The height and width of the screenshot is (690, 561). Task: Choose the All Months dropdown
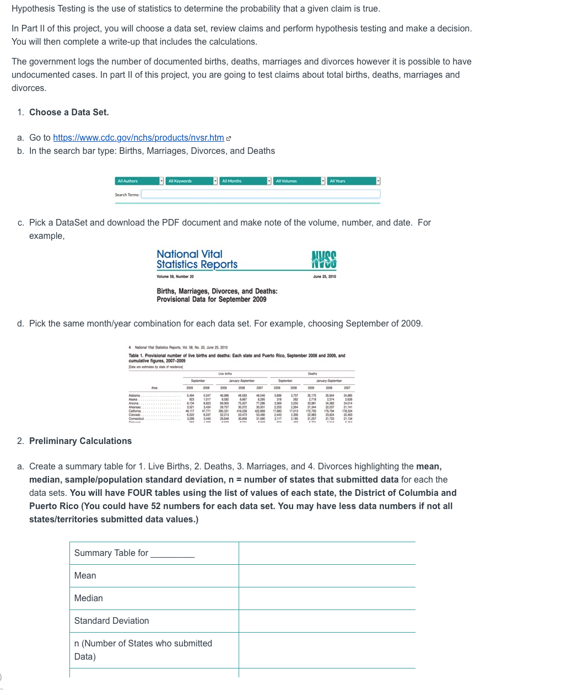point(245,181)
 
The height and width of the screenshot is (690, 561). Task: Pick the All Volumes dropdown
point(299,181)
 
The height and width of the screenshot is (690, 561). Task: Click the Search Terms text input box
point(261,194)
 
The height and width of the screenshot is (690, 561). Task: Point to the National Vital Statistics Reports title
point(197,259)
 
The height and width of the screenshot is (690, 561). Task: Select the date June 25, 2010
point(325,276)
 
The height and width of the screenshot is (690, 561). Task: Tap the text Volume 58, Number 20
point(175,276)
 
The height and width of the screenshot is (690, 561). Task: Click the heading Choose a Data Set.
point(69,113)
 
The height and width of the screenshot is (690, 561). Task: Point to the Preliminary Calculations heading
point(80,441)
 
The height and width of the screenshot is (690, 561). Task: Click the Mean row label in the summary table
point(85,576)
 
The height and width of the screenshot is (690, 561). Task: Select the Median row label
point(89,598)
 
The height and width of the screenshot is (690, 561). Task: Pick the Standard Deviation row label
point(112,621)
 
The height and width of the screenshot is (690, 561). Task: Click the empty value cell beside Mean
point(327,576)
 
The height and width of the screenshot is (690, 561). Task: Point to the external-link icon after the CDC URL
point(229,138)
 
